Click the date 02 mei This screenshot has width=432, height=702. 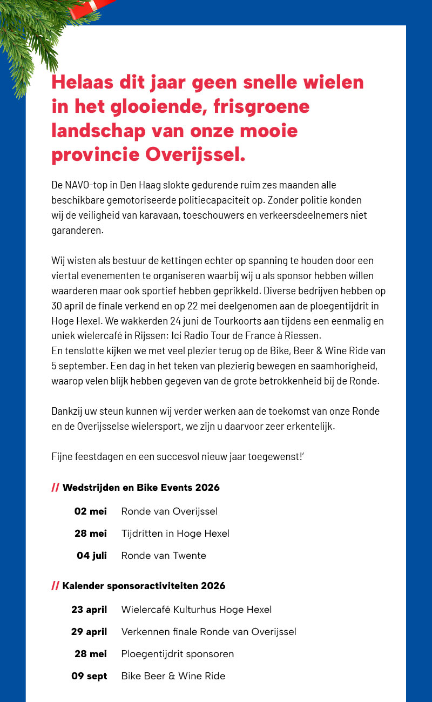pyautogui.click(x=90, y=511)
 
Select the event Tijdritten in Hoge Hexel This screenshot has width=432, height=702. pyautogui.click(x=175, y=534)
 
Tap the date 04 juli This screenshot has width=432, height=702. pyautogui.click(x=92, y=555)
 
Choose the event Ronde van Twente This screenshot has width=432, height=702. pyautogui.click(x=164, y=555)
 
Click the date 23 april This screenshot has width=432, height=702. pyautogui.click(x=89, y=610)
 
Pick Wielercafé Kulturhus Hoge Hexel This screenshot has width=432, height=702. pyautogui.click(x=196, y=610)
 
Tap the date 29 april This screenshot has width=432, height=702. pyautogui.click(x=89, y=632)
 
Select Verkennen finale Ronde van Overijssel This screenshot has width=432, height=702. pyautogui.click(x=208, y=632)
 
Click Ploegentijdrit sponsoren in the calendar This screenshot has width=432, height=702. pyautogui.click(x=177, y=654)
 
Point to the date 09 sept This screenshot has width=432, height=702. pyautogui.click(x=89, y=676)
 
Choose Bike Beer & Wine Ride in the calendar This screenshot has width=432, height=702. pyautogui.click(x=173, y=676)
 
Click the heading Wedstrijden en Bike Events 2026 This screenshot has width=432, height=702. pyautogui.click(x=141, y=488)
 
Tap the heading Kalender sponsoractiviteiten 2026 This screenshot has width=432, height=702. pyautogui.click(x=144, y=586)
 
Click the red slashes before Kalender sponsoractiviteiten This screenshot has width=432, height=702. pyautogui.click(x=55, y=586)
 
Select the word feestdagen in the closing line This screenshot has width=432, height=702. pyautogui.click(x=99, y=457)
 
